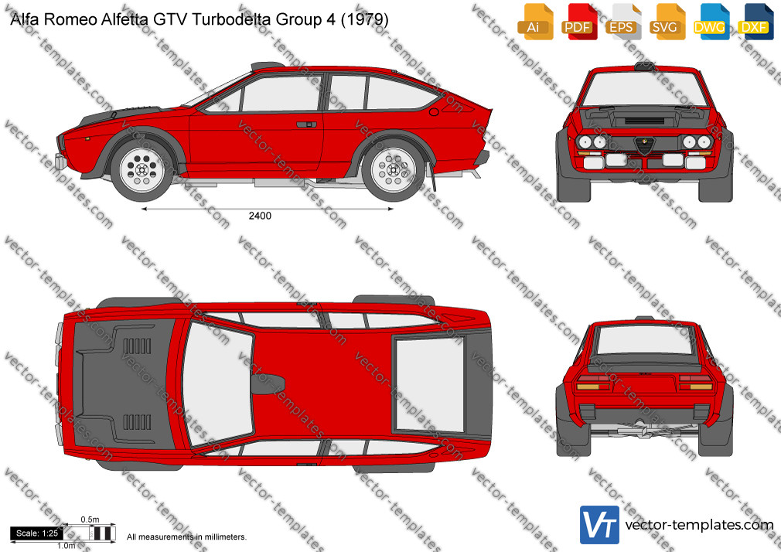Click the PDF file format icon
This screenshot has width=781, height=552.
click(x=578, y=21)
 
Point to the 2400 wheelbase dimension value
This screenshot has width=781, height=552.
click(x=260, y=216)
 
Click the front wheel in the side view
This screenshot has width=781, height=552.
click(x=142, y=170)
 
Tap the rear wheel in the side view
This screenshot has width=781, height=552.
click(x=394, y=170)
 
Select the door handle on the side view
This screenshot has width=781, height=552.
click(x=307, y=124)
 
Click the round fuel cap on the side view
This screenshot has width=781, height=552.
click(x=434, y=111)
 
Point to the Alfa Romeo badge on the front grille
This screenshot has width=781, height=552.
click(x=644, y=146)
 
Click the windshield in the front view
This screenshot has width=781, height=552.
click(x=644, y=89)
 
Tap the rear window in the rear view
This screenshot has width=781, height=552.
click(x=645, y=339)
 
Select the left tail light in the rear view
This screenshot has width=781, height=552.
click(x=593, y=383)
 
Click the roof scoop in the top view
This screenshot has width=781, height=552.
click(x=268, y=384)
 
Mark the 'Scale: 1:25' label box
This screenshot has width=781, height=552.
click(x=37, y=533)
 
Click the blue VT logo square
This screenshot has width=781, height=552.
click(x=600, y=525)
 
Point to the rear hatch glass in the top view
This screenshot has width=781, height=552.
click(x=429, y=384)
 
